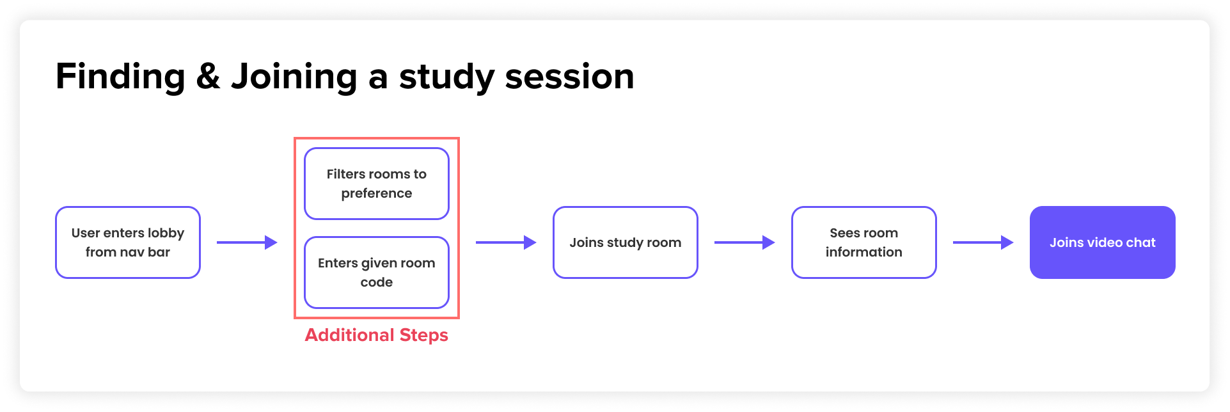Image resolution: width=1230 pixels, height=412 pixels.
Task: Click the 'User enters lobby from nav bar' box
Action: coord(128,242)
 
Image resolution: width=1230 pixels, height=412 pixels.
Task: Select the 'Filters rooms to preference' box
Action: coord(376,184)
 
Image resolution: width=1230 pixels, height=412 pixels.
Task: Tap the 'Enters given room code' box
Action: coord(376,273)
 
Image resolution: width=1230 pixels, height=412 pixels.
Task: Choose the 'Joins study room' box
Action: coord(625,242)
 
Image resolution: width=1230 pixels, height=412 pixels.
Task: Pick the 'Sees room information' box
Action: coord(863,242)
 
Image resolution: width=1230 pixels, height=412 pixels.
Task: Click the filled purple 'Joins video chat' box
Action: coord(1102,242)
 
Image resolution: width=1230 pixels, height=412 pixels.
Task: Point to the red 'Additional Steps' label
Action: coord(376,335)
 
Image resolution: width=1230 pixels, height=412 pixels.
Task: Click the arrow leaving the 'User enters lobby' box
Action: coord(247,242)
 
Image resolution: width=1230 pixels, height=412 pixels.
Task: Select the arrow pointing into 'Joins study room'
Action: coord(506,242)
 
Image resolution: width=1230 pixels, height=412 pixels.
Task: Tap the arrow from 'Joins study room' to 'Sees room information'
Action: coord(745,242)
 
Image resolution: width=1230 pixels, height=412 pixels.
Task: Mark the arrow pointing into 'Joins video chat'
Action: coord(983,242)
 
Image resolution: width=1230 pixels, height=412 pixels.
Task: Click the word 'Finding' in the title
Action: coord(120,77)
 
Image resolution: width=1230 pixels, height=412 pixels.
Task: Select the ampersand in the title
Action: coord(208,77)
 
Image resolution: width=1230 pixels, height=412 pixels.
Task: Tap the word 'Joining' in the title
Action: coord(294,77)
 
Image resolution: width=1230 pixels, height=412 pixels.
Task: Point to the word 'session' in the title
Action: coord(569,77)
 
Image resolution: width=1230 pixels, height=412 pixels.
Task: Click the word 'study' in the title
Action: coord(446,77)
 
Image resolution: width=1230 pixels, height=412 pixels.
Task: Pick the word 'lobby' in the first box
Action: coord(166,234)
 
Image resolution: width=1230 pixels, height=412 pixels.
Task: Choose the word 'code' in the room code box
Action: coord(376,282)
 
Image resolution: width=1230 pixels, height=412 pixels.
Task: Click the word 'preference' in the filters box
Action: coord(376,193)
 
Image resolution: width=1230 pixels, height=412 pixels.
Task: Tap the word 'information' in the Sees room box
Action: coord(863,252)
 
